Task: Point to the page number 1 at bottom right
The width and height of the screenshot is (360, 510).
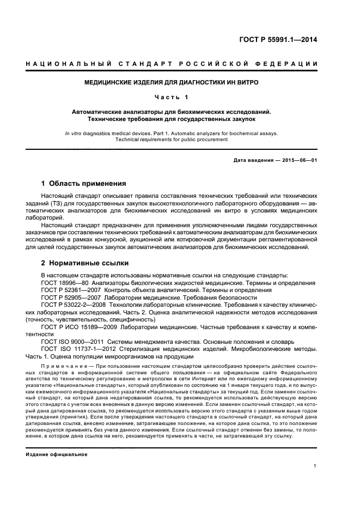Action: point(315,466)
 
